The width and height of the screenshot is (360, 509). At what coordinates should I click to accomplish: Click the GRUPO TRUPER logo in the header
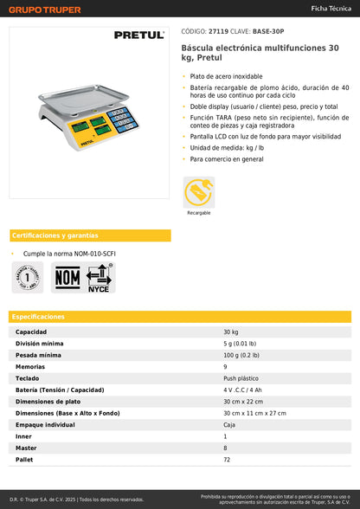pyautogui.click(x=45, y=10)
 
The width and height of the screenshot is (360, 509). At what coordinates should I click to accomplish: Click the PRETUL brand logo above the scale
pyautogui.click(x=138, y=35)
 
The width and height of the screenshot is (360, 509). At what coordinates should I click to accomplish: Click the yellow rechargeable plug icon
pyautogui.click(x=199, y=191)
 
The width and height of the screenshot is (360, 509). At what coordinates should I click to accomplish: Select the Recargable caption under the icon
pyautogui.click(x=199, y=212)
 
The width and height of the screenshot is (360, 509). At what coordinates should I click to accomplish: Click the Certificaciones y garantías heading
pyautogui.click(x=55, y=235)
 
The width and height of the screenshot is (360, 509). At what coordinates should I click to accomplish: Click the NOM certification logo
pyautogui.click(x=67, y=277)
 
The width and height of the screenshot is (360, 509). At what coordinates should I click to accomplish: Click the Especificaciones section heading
pyautogui.click(x=39, y=317)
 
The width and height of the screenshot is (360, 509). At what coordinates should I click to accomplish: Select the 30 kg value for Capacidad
pyautogui.click(x=231, y=332)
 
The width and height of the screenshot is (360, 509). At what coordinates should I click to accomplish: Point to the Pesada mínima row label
pyautogui.click(x=39, y=355)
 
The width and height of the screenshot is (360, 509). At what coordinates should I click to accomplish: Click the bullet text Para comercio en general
pyautogui.click(x=227, y=159)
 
